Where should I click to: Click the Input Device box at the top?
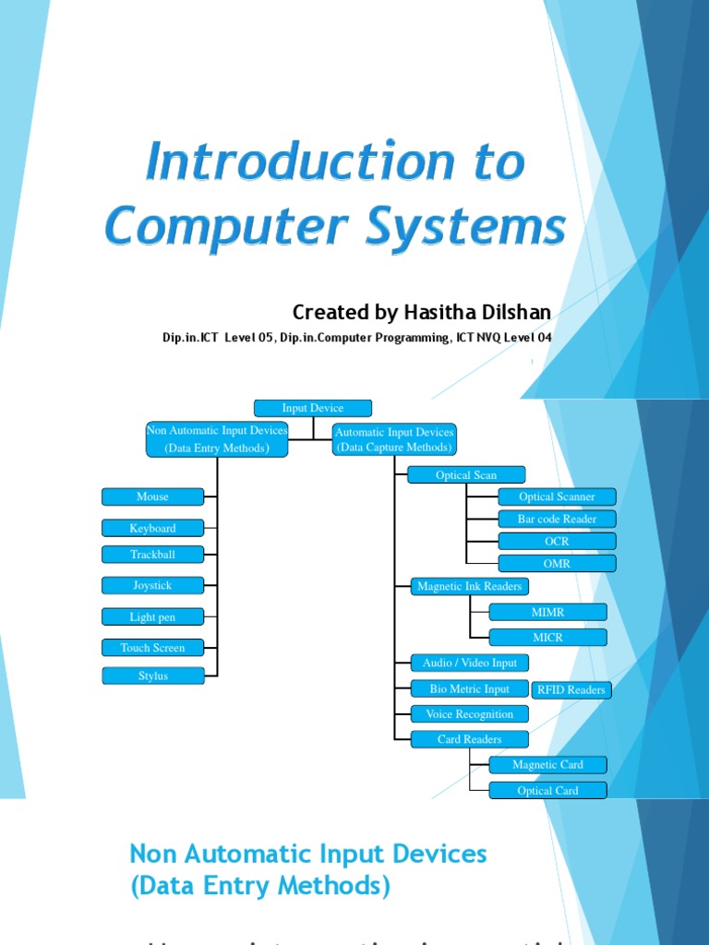(x=313, y=408)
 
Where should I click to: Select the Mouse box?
(x=152, y=496)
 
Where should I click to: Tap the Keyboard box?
(x=152, y=528)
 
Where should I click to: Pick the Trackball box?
(x=152, y=555)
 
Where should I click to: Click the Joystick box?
(x=152, y=585)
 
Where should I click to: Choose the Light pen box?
(x=152, y=616)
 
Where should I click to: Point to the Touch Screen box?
(x=152, y=648)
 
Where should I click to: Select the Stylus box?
(x=152, y=676)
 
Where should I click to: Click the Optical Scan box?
(x=466, y=475)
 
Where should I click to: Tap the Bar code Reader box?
(x=557, y=519)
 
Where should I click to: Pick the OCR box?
(x=557, y=541)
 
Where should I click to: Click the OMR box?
(x=557, y=563)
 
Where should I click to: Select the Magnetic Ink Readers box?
(x=469, y=586)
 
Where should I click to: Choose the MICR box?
(x=547, y=637)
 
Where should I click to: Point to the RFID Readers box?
(x=571, y=689)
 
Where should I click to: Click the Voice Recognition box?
(x=469, y=713)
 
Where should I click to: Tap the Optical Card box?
(x=547, y=790)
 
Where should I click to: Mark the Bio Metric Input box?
(x=469, y=688)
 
